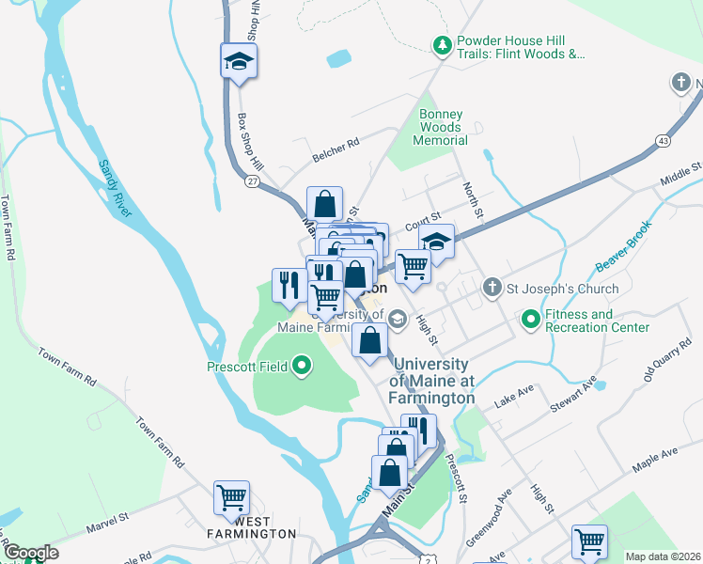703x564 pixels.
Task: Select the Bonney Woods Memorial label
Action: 441,127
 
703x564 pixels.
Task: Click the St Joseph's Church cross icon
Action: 491,288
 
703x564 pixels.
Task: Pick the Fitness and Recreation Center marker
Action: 531,321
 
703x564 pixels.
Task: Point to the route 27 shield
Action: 251,180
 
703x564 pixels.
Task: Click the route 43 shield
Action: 664,139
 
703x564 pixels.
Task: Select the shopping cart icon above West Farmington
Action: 231,497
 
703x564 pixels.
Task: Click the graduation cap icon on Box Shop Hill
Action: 239,62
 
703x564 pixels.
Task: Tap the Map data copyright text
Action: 662,556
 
